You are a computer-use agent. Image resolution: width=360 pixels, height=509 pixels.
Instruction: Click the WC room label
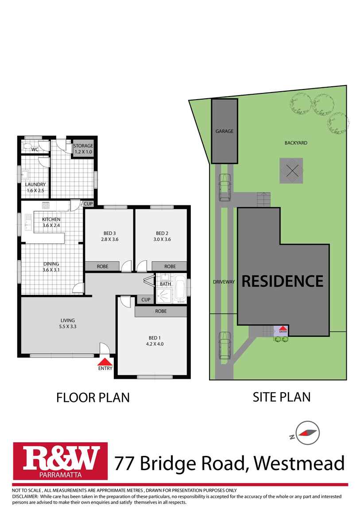click(35, 150)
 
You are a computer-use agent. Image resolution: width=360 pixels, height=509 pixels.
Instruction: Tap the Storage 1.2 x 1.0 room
click(83, 149)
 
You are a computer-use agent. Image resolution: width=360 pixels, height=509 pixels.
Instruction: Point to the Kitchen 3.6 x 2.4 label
click(51, 222)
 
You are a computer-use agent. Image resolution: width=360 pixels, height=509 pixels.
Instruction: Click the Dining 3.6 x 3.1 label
click(51, 266)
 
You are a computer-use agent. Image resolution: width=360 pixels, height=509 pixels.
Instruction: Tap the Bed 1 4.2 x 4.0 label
click(155, 340)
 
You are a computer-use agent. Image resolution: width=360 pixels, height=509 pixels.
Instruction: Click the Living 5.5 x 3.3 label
click(67, 323)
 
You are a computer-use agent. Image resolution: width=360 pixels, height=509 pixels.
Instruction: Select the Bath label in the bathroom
click(165, 284)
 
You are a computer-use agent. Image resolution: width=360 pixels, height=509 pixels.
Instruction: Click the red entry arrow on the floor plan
click(105, 361)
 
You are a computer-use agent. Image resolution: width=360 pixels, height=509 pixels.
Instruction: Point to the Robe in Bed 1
click(161, 311)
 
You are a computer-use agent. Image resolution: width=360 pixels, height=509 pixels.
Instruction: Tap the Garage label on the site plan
click(225, 131)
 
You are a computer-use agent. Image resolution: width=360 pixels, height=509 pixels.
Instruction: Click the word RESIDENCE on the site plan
click(283, 281)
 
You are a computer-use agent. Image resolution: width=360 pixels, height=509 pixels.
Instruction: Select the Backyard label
click(296, 143)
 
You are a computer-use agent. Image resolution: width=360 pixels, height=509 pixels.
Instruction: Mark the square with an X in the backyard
click(291, 171)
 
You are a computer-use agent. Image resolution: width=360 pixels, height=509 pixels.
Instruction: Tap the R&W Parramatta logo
click(60, 461)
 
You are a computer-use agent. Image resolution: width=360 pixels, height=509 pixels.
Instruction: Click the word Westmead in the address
click(299, 463)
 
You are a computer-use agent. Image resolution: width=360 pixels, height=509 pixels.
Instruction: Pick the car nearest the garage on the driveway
click(225, 187)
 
